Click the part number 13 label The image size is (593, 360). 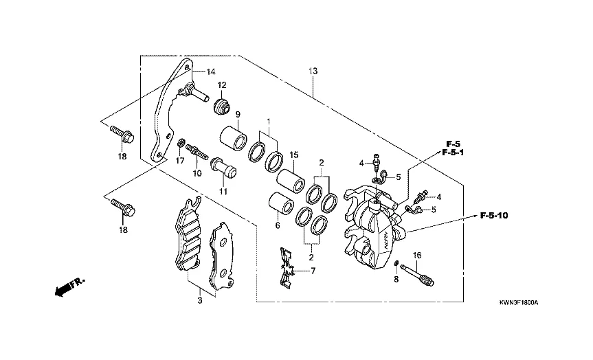[x=313, y=71]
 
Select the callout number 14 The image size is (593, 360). [x=210, y=71]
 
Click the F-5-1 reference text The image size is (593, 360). [x=454, y=153]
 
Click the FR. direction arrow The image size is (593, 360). [x=68, y=286]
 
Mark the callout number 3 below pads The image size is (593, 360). [x=200, y=300]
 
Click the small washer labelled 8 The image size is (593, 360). [x=396, y=263]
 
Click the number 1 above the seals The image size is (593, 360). [x=268, y=121]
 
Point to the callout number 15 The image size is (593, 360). [x=293, y=156]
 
